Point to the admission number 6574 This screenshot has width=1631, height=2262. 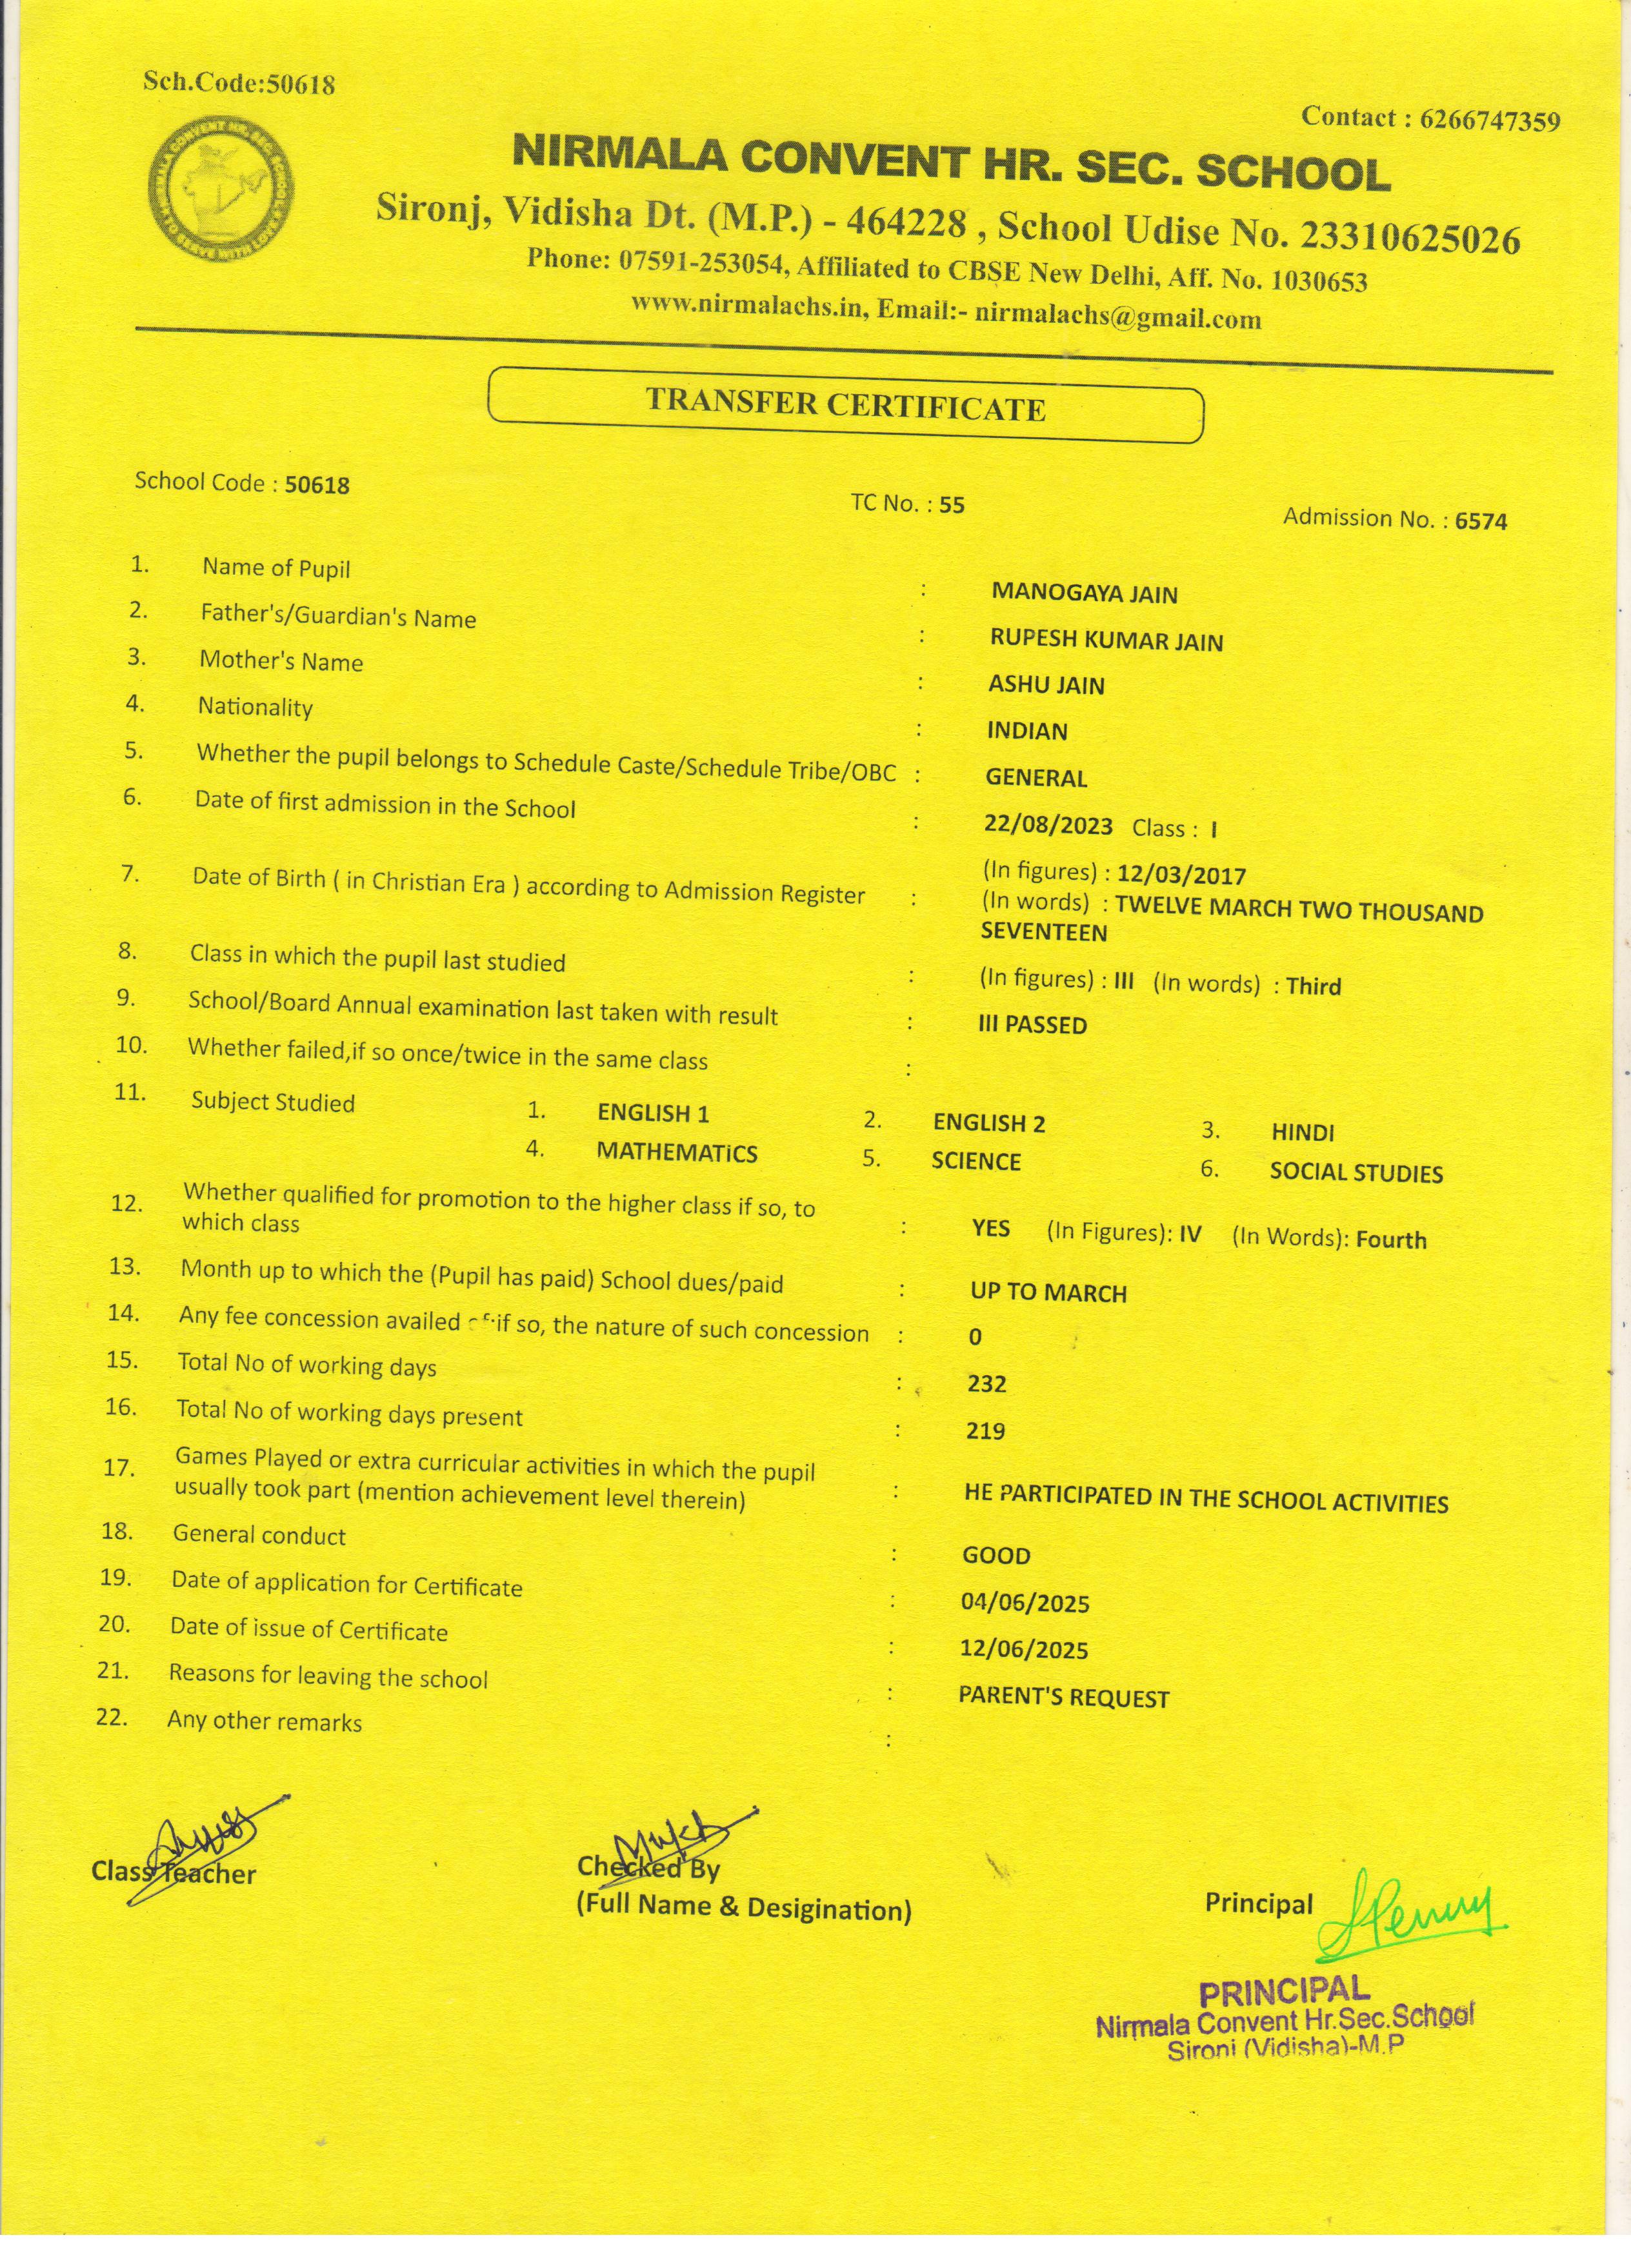pos(1481,521)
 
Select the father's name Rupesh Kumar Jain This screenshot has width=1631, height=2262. pos(1105,640)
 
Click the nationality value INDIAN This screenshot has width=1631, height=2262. pos(1026,731)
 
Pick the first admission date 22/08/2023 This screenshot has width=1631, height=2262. pos(1047,825)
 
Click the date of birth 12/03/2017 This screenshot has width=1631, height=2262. pos(1181,876)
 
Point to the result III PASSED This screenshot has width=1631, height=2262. pos(1032,1024)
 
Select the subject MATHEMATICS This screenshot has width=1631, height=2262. pos(676,1153)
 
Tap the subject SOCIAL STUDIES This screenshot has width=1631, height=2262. pos(1356,1173)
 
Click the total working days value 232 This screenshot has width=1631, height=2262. pos(986,1384)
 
